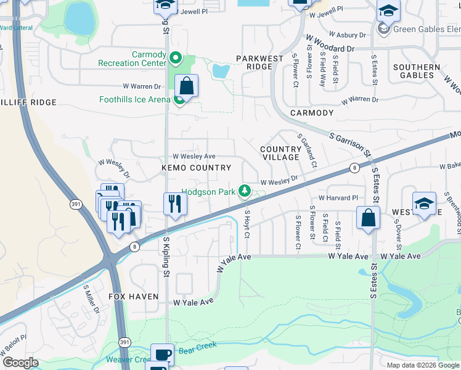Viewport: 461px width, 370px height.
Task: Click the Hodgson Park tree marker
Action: (x=245, y=191)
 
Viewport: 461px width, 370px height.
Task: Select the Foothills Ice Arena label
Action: (x=134, y=99)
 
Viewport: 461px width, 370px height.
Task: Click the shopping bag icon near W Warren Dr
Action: (x=186, y=87)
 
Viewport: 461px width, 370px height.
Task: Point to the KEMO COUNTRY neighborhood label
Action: (x=196, y=168)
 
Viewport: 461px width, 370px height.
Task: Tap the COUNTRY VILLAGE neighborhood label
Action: (x=280, y=153)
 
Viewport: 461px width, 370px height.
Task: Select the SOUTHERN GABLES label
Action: (x=417, y=71)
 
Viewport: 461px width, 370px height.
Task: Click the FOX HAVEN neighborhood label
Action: (x=134, y=297)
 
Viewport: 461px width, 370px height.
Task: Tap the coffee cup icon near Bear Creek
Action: (x=163, y=355)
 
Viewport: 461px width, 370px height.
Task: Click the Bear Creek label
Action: (x=198, y=350)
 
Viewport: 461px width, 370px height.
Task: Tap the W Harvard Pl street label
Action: (x=333, y=198)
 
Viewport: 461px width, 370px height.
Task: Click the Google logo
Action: (x=20, y=363)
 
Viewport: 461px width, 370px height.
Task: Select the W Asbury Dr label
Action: (x=349, y=35)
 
